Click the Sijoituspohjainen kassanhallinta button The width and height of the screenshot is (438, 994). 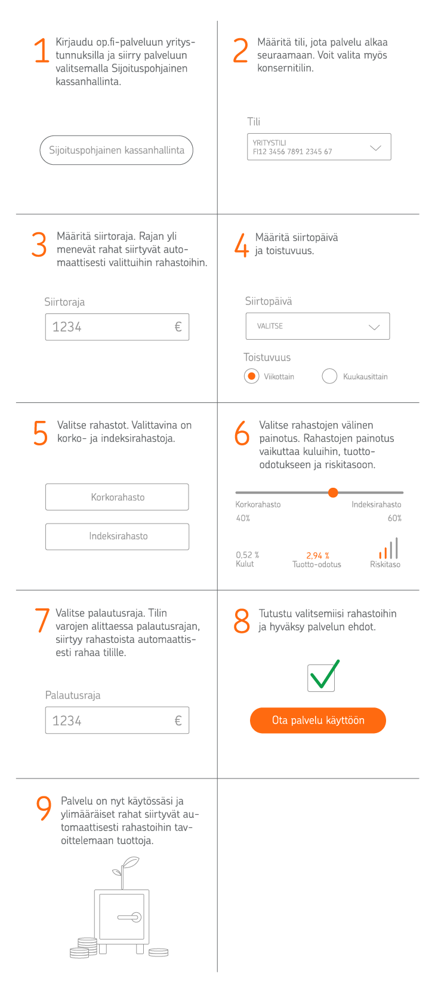click(x=116, y=150)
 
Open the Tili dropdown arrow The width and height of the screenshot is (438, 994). click(x=375, y=147)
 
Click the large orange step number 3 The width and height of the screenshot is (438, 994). click(x=39, y=244)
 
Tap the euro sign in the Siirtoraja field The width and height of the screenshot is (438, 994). click(x=178, y=327)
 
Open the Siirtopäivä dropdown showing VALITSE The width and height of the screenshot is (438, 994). click(x=317, y=327)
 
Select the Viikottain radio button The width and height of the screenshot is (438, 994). click(x=252, y=376)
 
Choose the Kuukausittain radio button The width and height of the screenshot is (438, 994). click(x=329, y=376)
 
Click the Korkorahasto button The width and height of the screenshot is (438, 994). click(x=117, y=497)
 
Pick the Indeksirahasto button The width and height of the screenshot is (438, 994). click(x=117, y=536)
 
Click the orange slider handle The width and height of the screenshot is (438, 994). click(x=333, y=493)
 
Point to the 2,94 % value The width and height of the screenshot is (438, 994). click(x=317, y=555)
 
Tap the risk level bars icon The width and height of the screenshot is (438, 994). click(x=388, y=548)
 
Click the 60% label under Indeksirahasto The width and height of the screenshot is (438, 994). click(x=394, y=518)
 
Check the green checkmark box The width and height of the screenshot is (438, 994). click(x=322, y=678)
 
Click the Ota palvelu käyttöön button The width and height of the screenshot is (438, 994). click(x=317, y=720)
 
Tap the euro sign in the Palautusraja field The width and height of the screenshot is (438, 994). click(x=178, y=721)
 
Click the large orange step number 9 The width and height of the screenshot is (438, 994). click(x=44, y=808)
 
